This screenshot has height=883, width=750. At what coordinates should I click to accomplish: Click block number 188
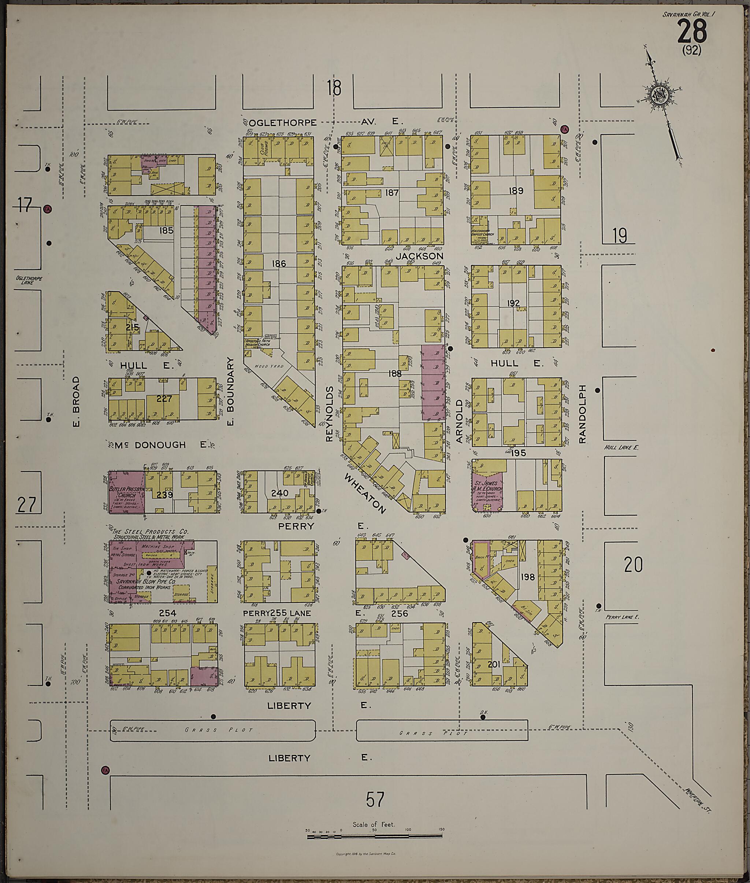pyautogui.click(x=394, y=373)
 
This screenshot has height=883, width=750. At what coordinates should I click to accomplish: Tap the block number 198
pyautogui.click(x=527, y=577)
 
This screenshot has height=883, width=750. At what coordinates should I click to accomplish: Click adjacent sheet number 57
pyautogui.click(x=375, y=799)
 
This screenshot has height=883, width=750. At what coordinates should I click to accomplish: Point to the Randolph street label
pyautogui.click(x=582, y=414)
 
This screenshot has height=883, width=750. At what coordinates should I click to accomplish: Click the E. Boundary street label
pyautogui.click(x=231, y=391)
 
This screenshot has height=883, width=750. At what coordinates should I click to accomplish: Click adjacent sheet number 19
pyautogui.click(x=620, y=235)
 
